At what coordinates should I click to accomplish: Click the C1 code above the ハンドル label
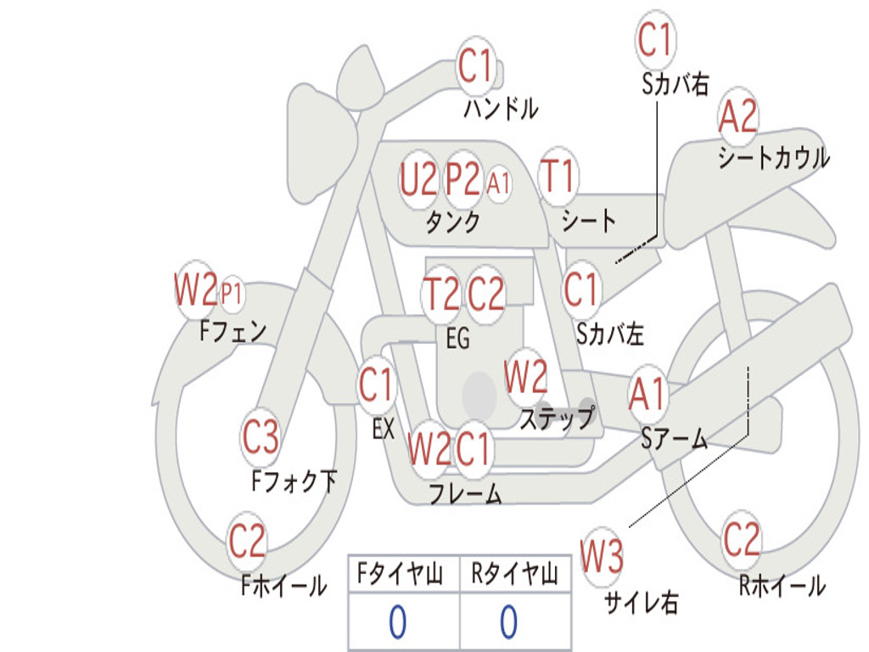tap(475, 66)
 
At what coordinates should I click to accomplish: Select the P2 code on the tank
tap(463, 178)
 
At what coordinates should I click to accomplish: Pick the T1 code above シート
tap(558, 175)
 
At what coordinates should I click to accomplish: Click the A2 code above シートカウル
tap(737, 115)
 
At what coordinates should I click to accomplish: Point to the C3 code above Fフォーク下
tap(261, 437)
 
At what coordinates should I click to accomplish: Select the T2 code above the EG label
tap(440, 293)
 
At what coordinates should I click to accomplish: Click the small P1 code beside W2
tap(232, 293)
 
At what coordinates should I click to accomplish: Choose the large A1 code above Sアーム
tap(647, 394)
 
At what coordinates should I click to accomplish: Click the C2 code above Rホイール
tap(741, 539)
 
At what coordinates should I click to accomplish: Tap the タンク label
tap(453, 222)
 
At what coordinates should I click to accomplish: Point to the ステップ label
tap(557, 418)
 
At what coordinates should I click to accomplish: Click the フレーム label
tap(466, 493)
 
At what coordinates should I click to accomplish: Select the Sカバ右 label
tap(675, 84)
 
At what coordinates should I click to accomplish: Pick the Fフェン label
tap(233, 331)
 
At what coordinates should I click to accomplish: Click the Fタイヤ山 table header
tap(401, 573)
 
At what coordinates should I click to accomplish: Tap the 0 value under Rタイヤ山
tap(509, 621)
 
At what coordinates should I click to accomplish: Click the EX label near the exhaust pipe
tap(384, 429)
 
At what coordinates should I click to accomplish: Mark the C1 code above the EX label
tap(376, 385)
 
